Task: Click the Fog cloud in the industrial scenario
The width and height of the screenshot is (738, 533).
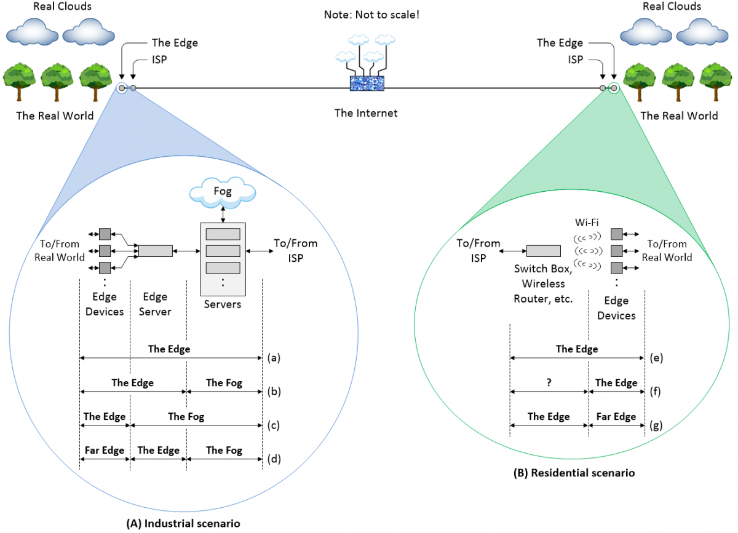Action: [x=223, y=192]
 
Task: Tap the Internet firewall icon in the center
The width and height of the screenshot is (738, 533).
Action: [x=367, y=83]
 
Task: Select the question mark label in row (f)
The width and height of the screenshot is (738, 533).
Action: [x=549, y=382]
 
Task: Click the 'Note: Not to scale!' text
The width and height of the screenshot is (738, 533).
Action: [x=367, y=14]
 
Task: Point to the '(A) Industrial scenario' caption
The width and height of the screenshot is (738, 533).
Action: [x=183, y=523]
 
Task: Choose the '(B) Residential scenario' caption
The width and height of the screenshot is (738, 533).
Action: [x=574, y=473]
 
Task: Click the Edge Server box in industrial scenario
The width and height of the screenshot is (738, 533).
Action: [x=156, y=251]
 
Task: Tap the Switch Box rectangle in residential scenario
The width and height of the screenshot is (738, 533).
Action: [x=543, y=251]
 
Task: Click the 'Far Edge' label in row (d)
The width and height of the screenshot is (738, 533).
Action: [x=104, y=450]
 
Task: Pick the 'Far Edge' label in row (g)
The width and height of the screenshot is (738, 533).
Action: [x=616, y=416]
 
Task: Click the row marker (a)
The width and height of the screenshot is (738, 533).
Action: [x=274, y=357]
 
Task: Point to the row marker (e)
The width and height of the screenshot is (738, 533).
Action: [x=656, y=357]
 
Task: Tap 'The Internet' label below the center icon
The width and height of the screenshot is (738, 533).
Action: [x=366, y=113]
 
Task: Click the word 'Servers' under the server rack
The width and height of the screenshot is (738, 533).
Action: [x=223, y=304]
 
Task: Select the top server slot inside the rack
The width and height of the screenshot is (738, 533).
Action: [x=223, y=234]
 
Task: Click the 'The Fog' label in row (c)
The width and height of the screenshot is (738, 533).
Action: [x=186, y=416]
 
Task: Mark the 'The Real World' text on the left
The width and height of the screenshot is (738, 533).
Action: [x=55, y=116]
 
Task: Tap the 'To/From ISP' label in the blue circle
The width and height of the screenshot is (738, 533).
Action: [x=295, y=250]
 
